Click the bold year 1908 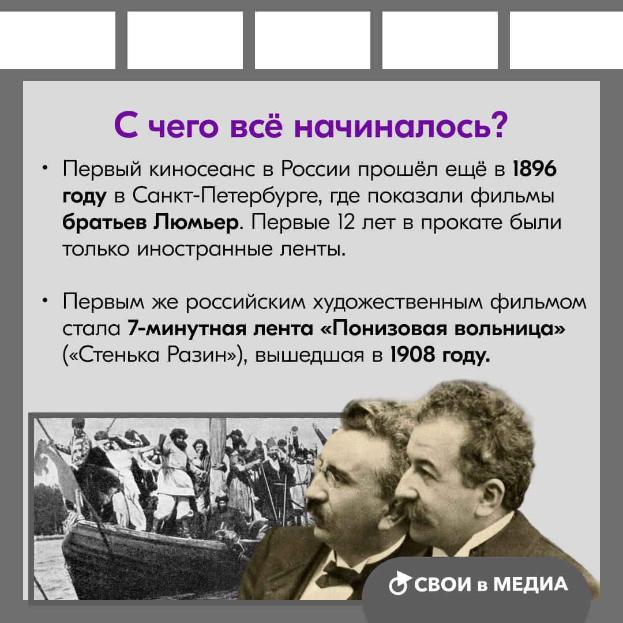413,354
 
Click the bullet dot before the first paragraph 46,169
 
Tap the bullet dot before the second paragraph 46,302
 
